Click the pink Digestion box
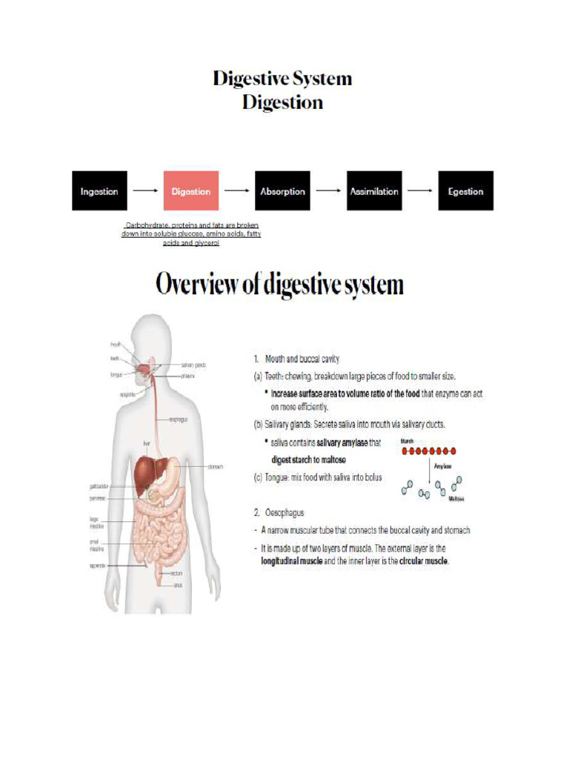[191, 191]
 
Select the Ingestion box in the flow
[99, 191]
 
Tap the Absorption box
[282, 191]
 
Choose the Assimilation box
[374, 191]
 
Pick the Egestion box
[465, 191]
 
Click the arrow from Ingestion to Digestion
[145, 191]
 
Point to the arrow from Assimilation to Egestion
[420, 191]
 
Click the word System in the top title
[318, 79]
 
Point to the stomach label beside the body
[216, 467]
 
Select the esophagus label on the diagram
[178, 419]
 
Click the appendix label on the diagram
[97, 566]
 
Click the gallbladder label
[99, 488]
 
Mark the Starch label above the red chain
[407, 441]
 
